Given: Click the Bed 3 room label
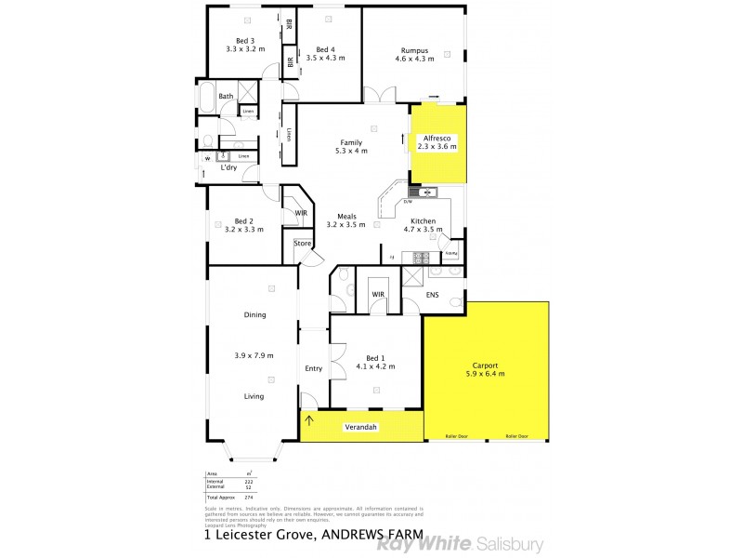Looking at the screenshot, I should click(244, 41).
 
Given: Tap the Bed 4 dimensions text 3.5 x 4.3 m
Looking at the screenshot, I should click(325, 58).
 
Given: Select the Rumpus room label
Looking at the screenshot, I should click(414, 50).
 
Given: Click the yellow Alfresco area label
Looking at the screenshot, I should click(437, 138).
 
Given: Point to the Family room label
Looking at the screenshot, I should click(350, 142).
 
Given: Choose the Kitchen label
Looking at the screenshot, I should click(424, 221).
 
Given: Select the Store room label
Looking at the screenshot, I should click(303, 244).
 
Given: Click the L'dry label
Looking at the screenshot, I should click(228, 167).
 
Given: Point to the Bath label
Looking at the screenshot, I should click(226, 96).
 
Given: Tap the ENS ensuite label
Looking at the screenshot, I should click(432, 295).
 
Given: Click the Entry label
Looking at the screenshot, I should click(314, 368).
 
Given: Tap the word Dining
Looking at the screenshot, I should click(254, 314).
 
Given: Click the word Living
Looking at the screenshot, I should click(254, 396).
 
